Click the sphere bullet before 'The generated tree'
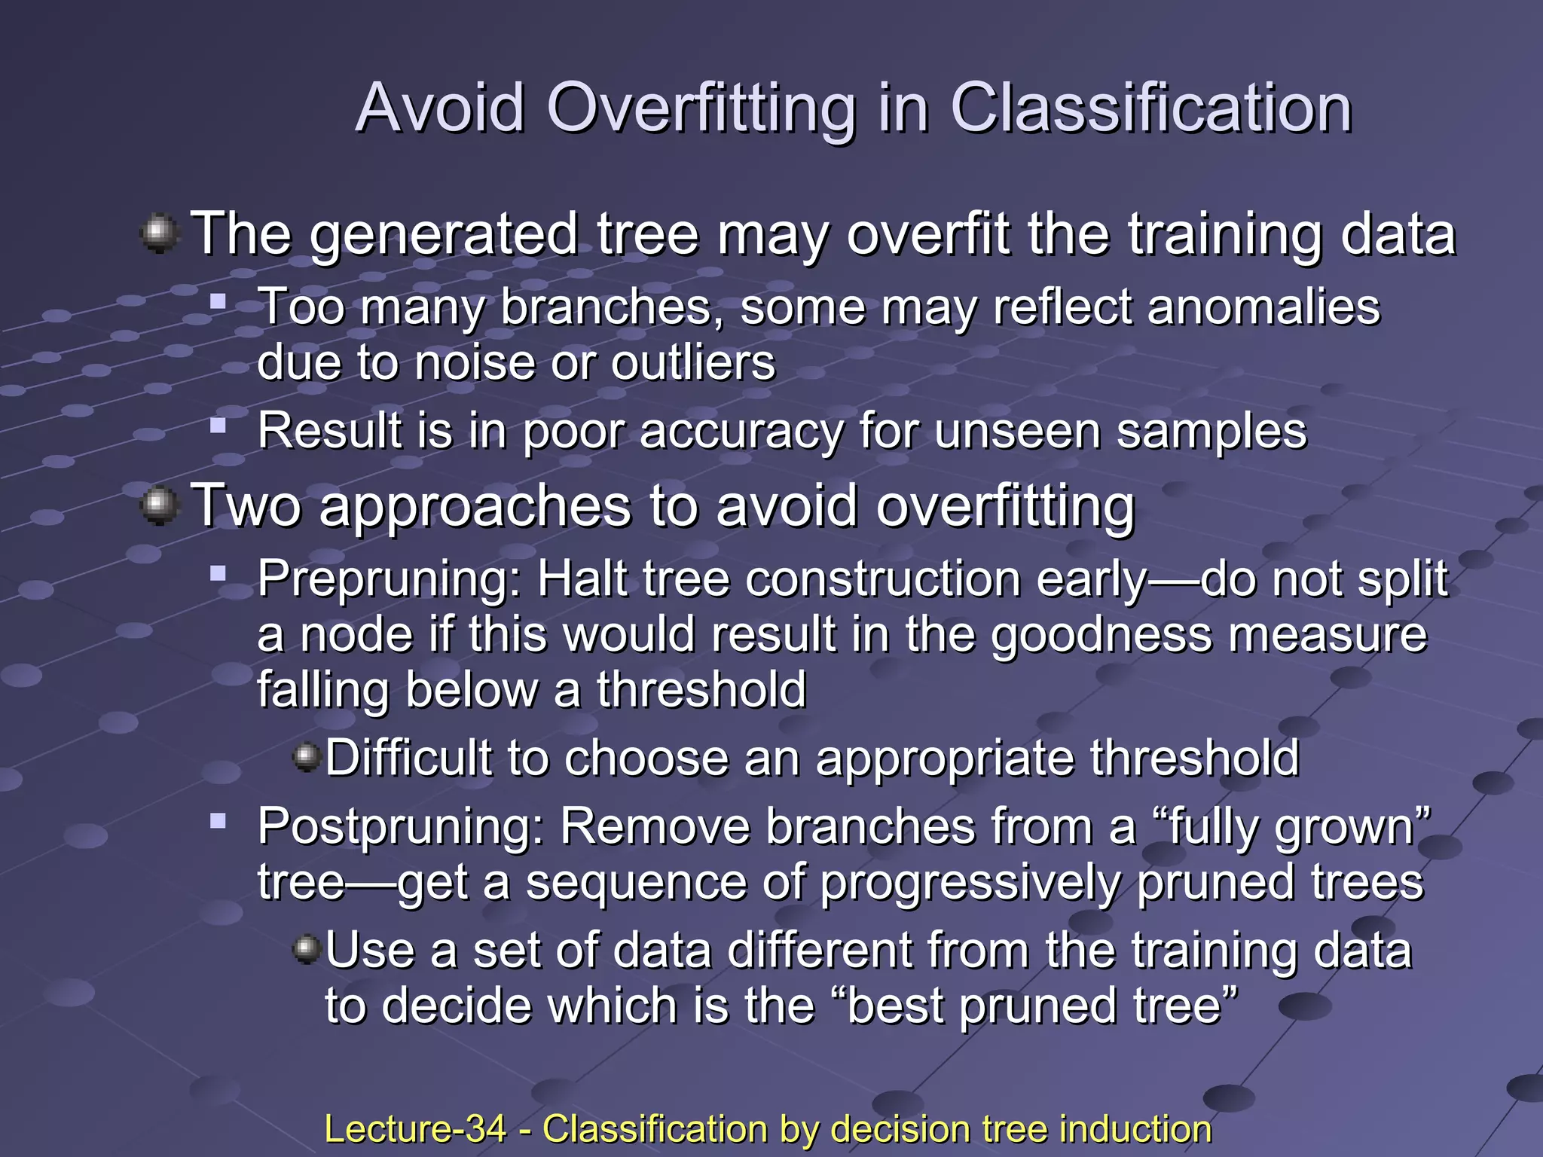coord(159,234)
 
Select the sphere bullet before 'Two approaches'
coord(159,505)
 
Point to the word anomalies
coord(1263,307)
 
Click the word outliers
coord(692,363)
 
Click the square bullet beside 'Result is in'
coord(218,426)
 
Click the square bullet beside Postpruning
coord(218,820)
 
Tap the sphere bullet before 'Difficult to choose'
coord(307,756)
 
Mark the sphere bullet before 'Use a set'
coord(307,949)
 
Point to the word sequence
coord(634,883)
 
